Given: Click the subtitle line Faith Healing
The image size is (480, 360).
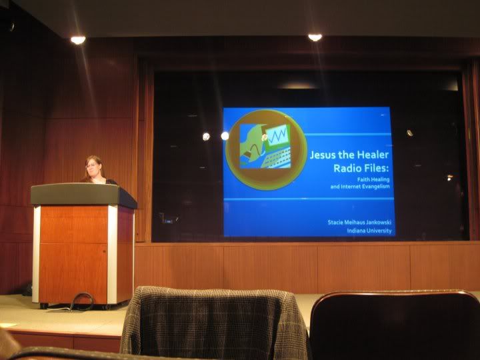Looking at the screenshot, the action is [x=373, y=179].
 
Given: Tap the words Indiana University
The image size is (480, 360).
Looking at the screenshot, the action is [x=369, y=231].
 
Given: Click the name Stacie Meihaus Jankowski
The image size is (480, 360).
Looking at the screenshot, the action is [x=359, y=222].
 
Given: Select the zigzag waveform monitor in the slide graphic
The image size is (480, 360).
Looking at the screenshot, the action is [x=277, y=135].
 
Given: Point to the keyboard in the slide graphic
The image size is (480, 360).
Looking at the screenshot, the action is [x=276, y=159].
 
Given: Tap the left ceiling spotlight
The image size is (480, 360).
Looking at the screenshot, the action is [x=78, y=40].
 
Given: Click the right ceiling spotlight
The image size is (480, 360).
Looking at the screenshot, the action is [x=315, y=37].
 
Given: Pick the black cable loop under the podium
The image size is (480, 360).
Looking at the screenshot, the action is [x=82, y=301].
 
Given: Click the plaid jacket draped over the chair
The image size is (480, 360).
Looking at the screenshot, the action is [x=214, y=322].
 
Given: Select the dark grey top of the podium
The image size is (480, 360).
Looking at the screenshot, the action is [x=83, y=195].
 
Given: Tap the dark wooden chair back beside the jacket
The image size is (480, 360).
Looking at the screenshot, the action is [x=395, y=325].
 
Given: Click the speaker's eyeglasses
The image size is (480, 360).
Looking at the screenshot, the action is [x=91, y=165].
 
